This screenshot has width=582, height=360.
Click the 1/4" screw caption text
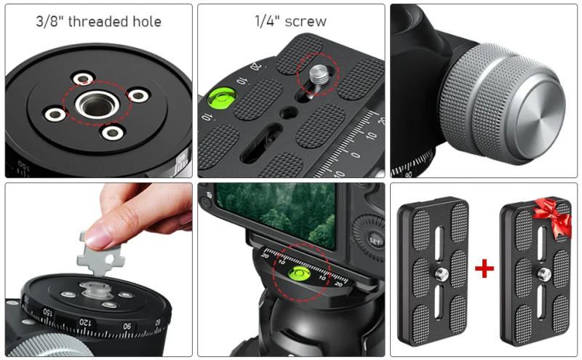[x=290, y=21]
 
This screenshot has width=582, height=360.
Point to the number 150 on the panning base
[x=47, y=313]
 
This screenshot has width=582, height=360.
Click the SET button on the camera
[x=375, y=239]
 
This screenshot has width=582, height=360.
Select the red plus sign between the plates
[x=485, y=269]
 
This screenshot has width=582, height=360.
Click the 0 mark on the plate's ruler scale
[x=356, y=154]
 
